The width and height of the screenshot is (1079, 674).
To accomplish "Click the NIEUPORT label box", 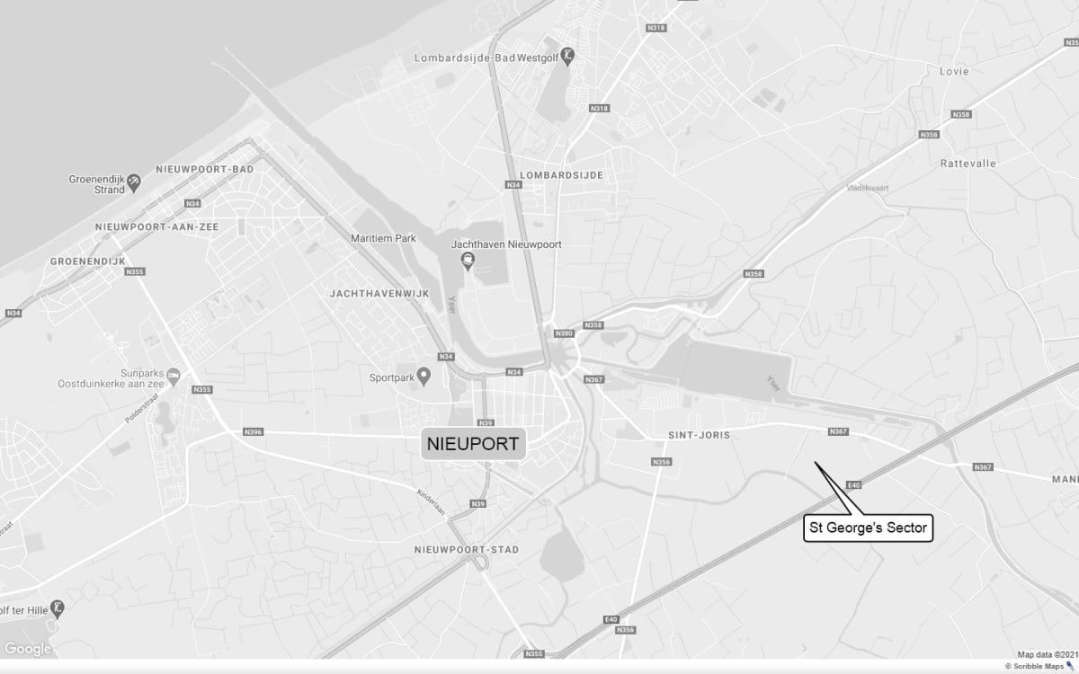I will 473,444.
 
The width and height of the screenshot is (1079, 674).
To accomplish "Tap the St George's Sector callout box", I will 868,528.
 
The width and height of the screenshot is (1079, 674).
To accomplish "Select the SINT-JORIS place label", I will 699,435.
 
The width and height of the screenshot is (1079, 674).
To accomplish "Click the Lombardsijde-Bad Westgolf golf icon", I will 568,57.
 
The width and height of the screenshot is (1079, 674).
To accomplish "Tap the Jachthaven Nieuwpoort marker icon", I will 468,262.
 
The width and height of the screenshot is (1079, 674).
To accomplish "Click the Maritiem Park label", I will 383,239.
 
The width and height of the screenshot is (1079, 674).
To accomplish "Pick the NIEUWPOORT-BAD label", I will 204,169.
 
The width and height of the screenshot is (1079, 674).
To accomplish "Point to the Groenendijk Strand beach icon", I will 134,182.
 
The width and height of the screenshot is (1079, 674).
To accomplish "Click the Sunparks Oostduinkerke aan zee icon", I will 174,374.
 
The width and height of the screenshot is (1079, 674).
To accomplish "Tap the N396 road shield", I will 254,432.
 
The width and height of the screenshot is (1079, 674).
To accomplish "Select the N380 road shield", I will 564,333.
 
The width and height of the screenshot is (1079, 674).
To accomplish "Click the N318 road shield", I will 656,28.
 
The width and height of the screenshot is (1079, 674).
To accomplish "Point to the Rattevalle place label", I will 968,164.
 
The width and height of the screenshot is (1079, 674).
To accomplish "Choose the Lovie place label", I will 954,71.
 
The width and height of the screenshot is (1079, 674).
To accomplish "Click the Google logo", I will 28,650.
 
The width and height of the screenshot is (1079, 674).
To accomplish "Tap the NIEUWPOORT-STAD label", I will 466,549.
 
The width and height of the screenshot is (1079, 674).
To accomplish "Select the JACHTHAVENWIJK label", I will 379,294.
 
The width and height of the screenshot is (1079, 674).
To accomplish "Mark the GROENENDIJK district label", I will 87,261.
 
